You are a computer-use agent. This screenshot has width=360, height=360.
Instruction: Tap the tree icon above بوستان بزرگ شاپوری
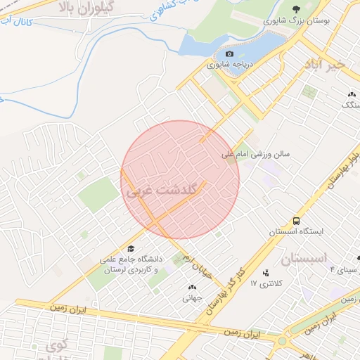(296, 9)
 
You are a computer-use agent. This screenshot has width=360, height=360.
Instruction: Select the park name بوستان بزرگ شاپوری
(296, 21)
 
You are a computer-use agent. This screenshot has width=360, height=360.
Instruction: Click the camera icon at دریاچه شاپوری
(229, 54)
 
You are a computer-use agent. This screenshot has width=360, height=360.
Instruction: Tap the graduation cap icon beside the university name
(131, 249)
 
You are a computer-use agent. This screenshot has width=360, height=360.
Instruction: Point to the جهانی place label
(192, 297)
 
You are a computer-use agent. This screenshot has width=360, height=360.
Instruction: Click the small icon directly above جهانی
(192, 287)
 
